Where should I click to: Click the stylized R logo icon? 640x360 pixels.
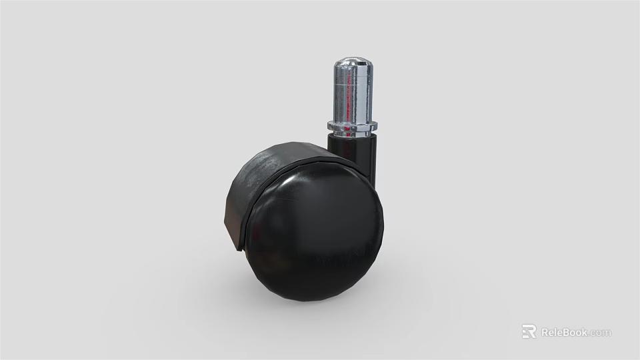pos(529,331)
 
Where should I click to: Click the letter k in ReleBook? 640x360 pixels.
pos(585,332)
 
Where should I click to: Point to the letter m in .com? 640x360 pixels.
pos(607,333)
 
